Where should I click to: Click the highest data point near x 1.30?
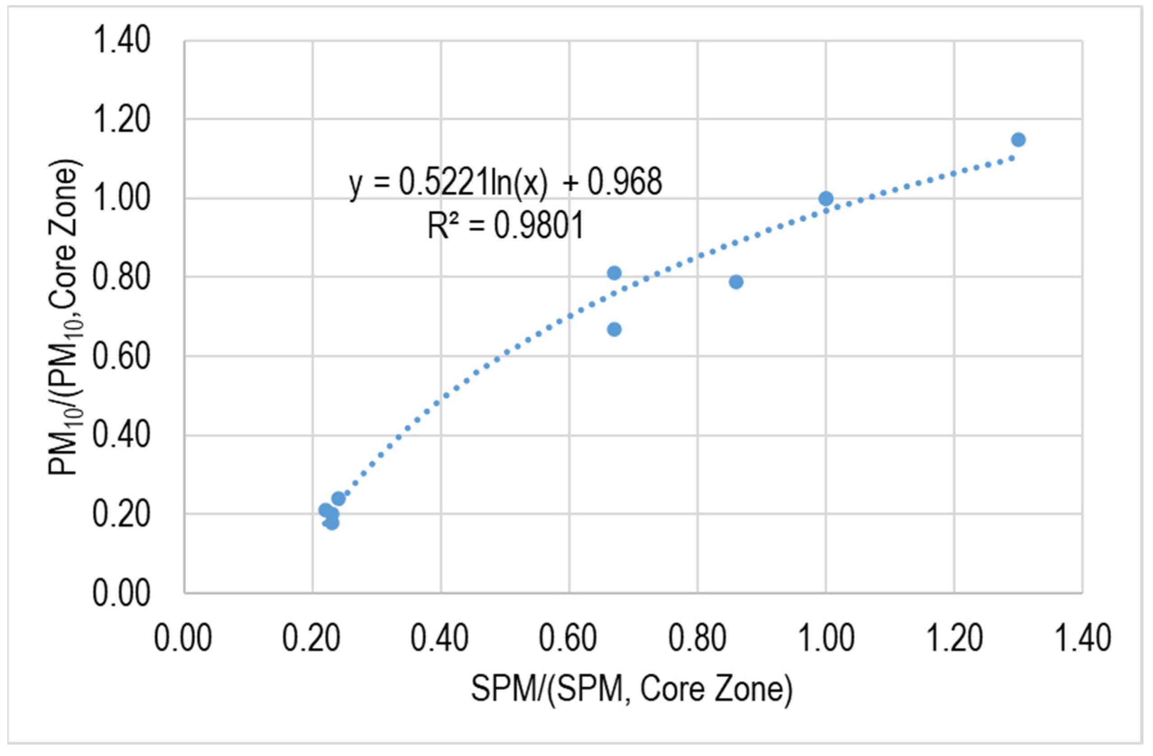tap(1018, 140)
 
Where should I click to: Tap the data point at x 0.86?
tap(736, 282)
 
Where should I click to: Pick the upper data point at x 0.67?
tap(614, 273)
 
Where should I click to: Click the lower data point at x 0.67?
tap(614, 330)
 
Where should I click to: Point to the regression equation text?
tap(505, 183)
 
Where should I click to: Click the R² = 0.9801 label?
tap(505, 226)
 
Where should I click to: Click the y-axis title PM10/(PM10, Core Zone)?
tap(65, 317)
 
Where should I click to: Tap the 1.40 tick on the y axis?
tap(121, 41)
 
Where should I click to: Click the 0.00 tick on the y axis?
tap(121, 593)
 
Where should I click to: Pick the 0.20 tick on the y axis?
tap(121, 514)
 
